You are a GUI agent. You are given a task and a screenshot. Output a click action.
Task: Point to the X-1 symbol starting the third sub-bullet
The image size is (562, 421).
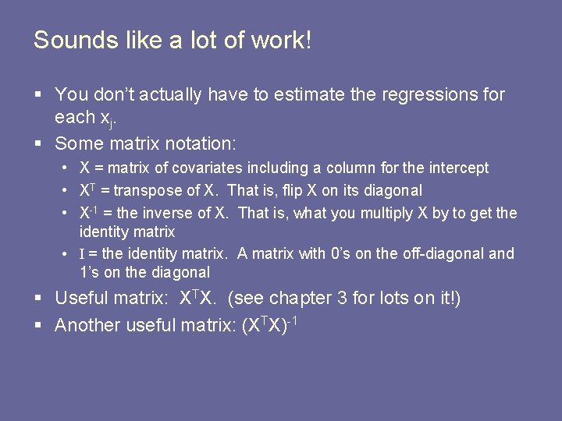pyautogui.click(x=91, y=212)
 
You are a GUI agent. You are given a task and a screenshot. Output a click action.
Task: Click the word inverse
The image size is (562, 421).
pyautogui.click(x=164, y=213)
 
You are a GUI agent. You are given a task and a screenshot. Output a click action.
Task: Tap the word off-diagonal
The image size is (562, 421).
pyautogui.click(x=436, y=253)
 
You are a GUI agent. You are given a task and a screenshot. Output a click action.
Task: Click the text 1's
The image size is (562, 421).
pyautogui.click(x=91, y=273)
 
